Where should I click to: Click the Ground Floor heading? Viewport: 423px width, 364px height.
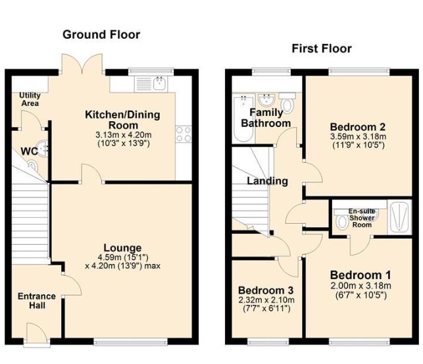click(x=101, y=35)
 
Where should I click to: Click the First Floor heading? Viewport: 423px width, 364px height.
click(x=322, y=49)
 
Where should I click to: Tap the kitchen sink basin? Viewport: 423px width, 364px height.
click(x=161, y=84)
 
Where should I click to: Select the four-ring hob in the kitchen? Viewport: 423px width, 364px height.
click(x=184, y=134)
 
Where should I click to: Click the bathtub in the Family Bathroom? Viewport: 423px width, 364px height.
click(x=243, y=118)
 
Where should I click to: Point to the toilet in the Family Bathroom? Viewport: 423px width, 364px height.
click(x=287, y=103)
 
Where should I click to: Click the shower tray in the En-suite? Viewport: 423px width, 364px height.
click(x=399, y=217)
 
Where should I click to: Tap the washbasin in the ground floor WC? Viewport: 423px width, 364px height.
click(x=42, y=148)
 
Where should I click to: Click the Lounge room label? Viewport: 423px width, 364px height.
click(x=122, y=247)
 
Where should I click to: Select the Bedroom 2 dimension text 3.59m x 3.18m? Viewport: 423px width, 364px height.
click(x=358, y=136)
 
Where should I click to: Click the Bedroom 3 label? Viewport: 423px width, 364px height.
click(x=266, y=290)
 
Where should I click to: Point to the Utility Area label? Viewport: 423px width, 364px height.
click(x=30, y=99)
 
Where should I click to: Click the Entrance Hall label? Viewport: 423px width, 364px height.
click(x=37, y=301)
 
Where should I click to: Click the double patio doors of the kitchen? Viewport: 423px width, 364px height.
click(x=82, y=65)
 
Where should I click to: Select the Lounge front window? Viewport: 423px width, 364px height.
click(x=130, y=342)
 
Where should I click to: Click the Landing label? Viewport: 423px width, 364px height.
click(x=267, y=181)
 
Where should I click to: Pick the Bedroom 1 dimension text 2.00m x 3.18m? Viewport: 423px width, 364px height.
click(x=361, y=286)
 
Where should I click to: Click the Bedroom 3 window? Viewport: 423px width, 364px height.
click(x=268, y=342)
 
